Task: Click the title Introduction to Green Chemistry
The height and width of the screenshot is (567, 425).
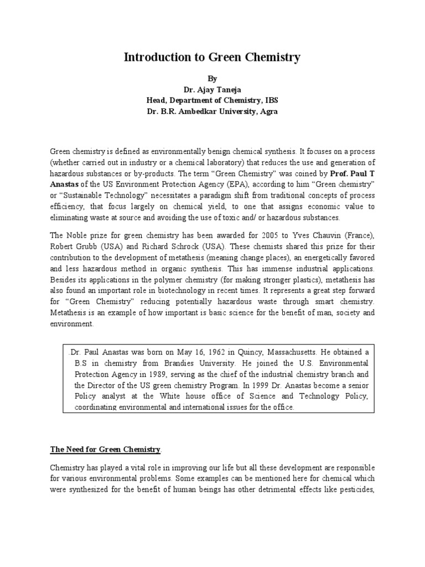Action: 212,57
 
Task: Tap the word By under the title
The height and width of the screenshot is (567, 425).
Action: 212,79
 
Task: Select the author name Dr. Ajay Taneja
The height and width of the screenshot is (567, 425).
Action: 212,90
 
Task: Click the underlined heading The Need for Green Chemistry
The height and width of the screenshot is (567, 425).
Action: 106,449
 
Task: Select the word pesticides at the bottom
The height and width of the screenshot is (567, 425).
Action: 355,489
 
